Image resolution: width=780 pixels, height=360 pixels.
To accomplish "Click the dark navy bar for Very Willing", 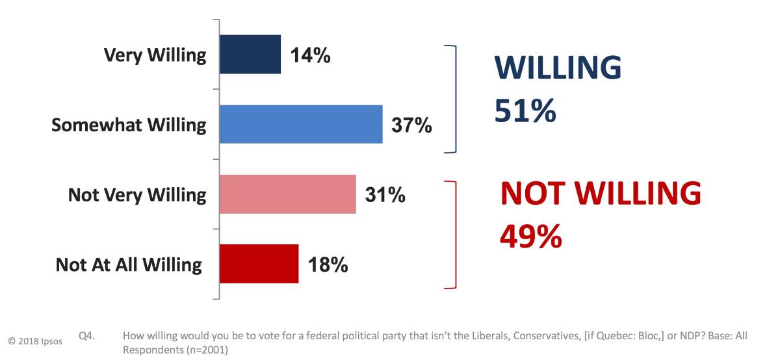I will point(250,55).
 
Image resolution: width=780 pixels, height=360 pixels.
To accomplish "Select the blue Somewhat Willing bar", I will point(301,124).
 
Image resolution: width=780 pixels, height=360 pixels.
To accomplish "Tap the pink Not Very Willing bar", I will point(288,194).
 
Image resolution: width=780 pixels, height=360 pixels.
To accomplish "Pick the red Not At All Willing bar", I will point(259,264).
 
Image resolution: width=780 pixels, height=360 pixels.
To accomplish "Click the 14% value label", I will point(309,56).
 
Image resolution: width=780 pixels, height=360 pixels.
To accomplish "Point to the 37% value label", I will point(411,125).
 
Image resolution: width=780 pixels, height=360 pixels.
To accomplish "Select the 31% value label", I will point(385,194).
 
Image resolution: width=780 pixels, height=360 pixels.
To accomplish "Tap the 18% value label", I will point(327,264).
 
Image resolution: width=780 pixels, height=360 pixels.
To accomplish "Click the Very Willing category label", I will point(155,55).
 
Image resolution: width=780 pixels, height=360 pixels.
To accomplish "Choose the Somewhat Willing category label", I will point(129,125).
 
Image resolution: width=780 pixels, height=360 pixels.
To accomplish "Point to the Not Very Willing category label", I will point(137,194).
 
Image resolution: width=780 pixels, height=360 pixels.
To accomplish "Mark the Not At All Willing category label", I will point(129,264).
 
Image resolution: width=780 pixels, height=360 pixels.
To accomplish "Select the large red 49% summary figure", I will point(530,236).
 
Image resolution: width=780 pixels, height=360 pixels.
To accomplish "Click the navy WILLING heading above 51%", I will point(558,68).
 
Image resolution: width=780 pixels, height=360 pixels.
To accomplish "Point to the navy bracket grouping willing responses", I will point(456,99).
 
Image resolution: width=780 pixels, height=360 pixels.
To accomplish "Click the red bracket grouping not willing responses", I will point(456,235).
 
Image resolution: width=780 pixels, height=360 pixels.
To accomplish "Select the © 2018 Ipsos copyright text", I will point(35,341).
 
